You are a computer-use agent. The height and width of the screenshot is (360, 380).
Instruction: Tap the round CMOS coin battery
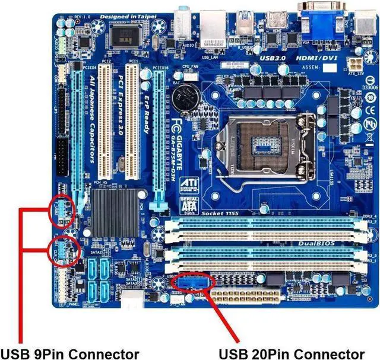pos(191,93)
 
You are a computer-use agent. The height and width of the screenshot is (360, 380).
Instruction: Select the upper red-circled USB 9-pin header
pos(62,209)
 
